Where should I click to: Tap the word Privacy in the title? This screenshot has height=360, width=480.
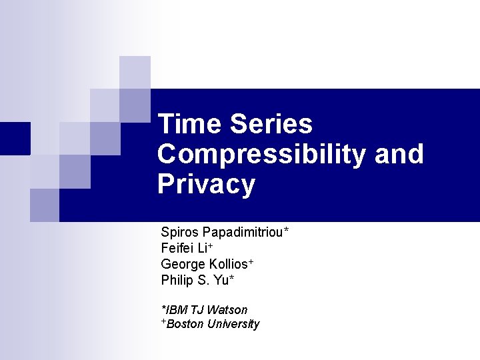pos(206,185)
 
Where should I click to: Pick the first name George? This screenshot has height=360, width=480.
pos(182,265)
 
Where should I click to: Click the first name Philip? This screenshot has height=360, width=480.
pos(175,281)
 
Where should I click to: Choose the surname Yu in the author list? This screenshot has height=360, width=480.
pos(221,281)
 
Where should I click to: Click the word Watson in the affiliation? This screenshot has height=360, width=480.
pos(227,310)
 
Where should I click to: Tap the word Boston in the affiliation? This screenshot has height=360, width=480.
pos(185,325)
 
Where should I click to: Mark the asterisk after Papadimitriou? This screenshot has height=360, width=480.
pos(286,231)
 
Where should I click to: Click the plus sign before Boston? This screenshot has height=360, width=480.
pos(163,322)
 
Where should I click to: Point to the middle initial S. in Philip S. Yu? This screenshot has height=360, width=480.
pos(203,281)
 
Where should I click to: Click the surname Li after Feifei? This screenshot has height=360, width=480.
pos(202,249)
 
